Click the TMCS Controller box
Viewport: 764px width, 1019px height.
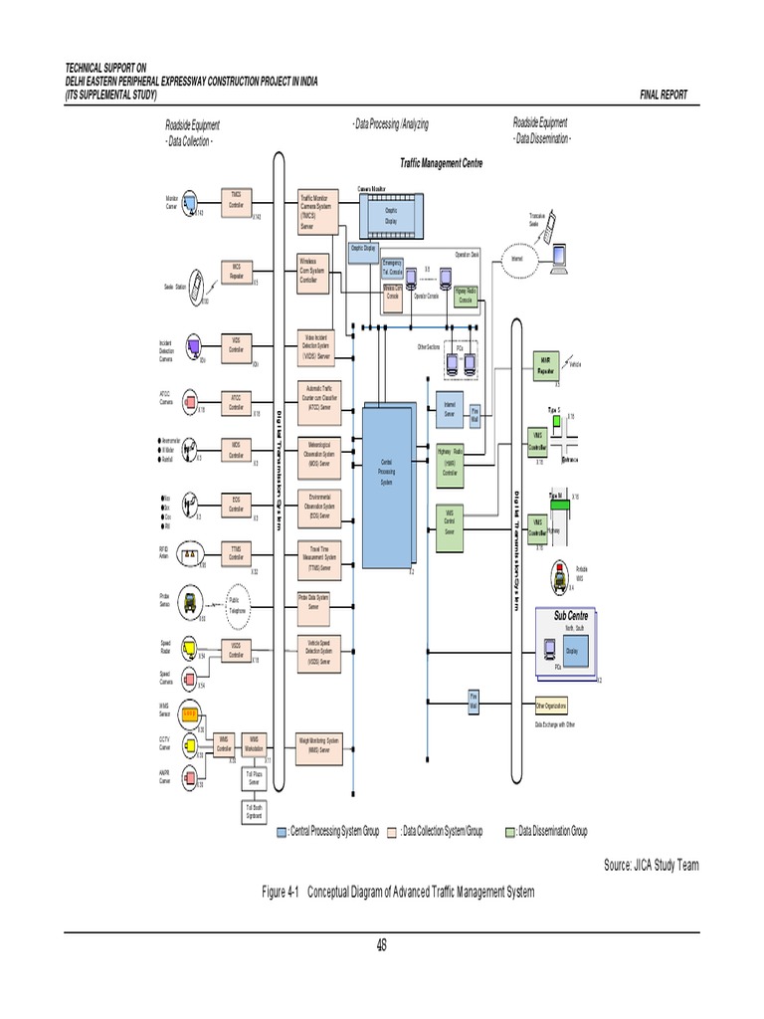pyautogui.click(x=236, y=199)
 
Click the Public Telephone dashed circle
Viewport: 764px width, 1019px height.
pyautogui.click(x=236, y=605)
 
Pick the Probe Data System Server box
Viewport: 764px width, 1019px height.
pyautogui.click(x=318, y=601)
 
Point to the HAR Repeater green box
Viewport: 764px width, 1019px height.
pyautogui.click(x=545, y=364)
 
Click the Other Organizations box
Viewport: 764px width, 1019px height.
pyautogui.click(x=551, y=706)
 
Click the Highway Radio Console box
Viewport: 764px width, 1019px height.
pyautogui.click(x=466, y=295)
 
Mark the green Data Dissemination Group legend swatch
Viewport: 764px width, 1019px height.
pyautogui.click(x=511, y=831)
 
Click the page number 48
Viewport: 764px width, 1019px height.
pyautogui.click(x=381, y=945)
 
